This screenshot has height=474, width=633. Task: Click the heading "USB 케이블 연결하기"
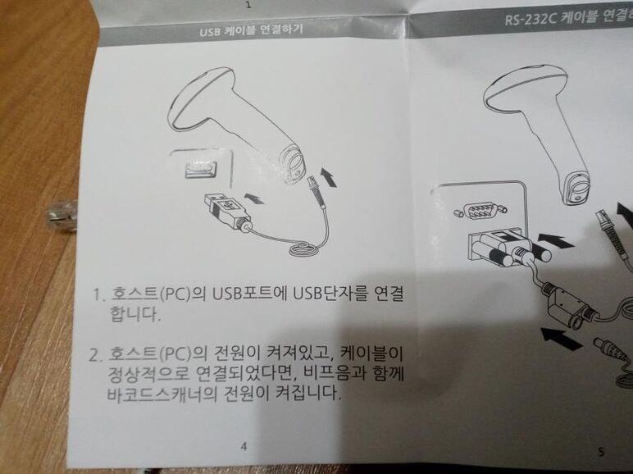click(x=251, y=30)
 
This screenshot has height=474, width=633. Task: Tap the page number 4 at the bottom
click(x=244, y=446)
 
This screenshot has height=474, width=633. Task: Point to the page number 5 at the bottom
click(x=601, y=452)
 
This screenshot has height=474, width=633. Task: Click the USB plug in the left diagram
click(x=226, y=211)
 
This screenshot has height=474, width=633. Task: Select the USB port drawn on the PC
click(x=201, y=170)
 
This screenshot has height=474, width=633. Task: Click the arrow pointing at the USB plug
click(x=254, y=198)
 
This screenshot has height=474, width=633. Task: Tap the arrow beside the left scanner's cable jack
click(x=328, y=178)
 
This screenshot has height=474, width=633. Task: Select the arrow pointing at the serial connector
click(x=556, y=240)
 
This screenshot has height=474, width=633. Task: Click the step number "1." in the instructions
click(x=99, y=294)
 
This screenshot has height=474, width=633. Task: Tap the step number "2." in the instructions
click(x=96, y=355)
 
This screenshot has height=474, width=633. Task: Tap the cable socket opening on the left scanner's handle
click(x=293, y=163)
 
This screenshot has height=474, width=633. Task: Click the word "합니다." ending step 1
click(x=135, y=314)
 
